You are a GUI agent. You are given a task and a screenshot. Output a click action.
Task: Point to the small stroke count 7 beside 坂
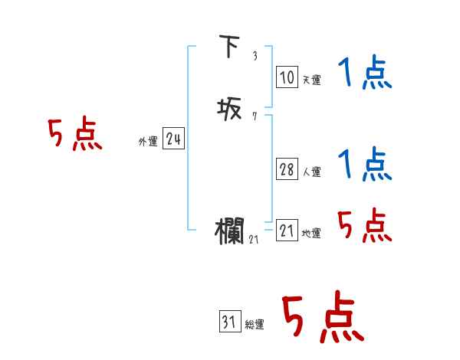pyautogui.click(x=254, y=117)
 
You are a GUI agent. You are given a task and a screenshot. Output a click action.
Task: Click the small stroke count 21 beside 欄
pyautogui.click(x=255, y=240)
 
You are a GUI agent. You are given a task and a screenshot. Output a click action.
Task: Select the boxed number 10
pyautogui.click(x=286, y=77)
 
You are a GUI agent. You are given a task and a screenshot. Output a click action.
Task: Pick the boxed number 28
pyautogui.click(x=286, y=169)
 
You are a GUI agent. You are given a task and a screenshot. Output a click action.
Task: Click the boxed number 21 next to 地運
pyautogui.click(x=287, y=231)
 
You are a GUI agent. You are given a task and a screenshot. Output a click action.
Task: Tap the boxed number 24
pyautogui.click(x=173, y=139)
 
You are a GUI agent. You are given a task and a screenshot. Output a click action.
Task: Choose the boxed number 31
pyautogui.click(x=228, y=322)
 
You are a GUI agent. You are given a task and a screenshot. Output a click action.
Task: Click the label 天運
pyautogui.click(x=310, y=80)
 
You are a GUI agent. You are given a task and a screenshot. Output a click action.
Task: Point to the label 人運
pyautogui.click(x=310, y=172)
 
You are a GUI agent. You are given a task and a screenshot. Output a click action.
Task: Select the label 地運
pyautogui.click(x=310, y=234)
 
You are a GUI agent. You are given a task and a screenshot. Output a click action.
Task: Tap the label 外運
pyautogui.click(x=148, y=142)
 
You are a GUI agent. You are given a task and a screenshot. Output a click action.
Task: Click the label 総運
pyautogui.click(x=254, y=326)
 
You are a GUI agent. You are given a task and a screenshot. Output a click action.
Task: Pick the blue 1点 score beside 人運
pyautogui.click(x=365, y=165)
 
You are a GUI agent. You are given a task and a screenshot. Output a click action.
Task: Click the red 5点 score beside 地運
pyautogui.click(x=365, y=225)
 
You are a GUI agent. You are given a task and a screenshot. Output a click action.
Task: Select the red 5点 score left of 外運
pyautogui.click(x=74, y=135)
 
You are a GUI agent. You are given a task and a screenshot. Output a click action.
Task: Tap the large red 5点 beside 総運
pyautogui.click(x=322, y=317)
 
